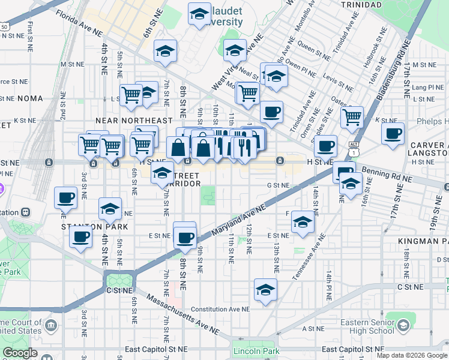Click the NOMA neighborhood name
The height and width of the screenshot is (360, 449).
[30, 98]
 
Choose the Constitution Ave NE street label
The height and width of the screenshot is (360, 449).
[220, 310]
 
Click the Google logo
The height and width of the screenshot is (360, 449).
[20, 353]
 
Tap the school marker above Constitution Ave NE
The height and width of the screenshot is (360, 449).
[265, 290]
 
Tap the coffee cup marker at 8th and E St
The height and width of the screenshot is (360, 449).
[185, 236]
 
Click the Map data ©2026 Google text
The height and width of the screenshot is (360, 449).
[412, 355]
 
